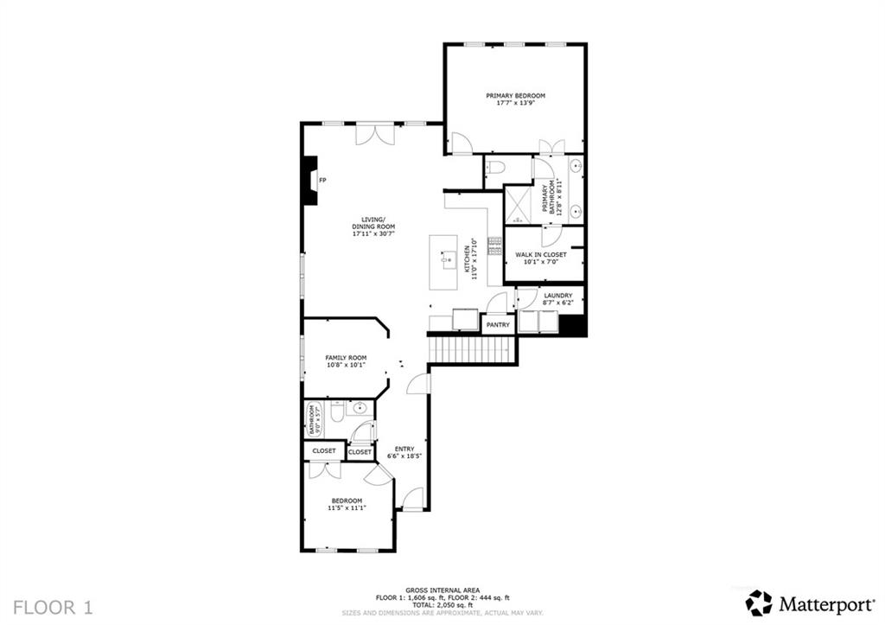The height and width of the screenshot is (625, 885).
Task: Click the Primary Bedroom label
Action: [515, 96]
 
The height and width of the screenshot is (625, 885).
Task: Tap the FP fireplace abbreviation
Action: [322, 180]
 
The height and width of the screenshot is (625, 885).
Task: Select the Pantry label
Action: [498, 325]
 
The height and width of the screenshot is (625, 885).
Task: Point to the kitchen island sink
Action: [448, 258]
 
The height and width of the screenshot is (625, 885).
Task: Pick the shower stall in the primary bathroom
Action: [517, 206]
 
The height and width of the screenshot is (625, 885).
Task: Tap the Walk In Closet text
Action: [541, 255]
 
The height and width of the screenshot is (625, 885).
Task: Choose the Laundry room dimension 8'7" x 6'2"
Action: [557, 303]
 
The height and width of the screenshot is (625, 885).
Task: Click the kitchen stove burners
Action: [495, 246]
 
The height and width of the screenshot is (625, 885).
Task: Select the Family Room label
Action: [346, 358]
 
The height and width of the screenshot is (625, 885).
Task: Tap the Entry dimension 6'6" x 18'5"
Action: [403, 456]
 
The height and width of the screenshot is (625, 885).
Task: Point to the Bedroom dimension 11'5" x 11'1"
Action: [347, 508]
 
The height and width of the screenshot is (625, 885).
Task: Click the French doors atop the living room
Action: [377, 135]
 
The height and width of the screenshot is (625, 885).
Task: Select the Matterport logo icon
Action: [759, 603]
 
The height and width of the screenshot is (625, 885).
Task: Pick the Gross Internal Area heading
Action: [442, 590]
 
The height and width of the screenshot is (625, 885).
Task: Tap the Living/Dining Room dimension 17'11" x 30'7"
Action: [373, 233]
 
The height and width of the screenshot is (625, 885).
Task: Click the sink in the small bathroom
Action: [361, 408]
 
